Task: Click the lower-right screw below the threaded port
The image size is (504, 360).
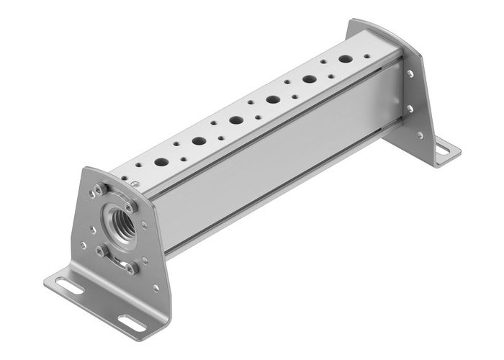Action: (132, 268)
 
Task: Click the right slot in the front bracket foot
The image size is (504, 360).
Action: (130, 319)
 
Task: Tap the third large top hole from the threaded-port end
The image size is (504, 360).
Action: (236, 120)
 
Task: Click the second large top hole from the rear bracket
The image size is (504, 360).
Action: (310, 79)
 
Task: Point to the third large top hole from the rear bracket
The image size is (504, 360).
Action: (273, 99)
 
